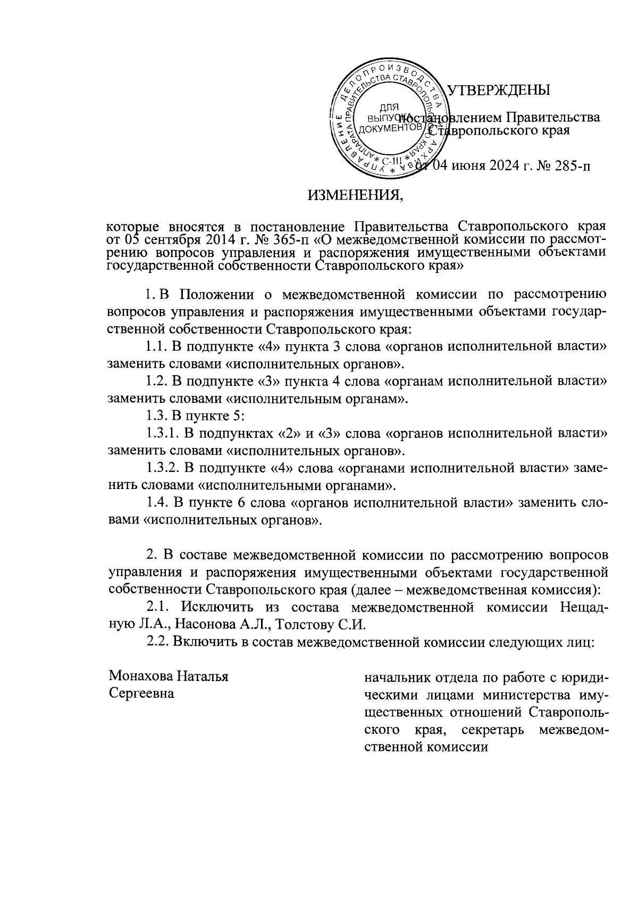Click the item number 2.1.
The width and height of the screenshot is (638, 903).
(x=160, y=606)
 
